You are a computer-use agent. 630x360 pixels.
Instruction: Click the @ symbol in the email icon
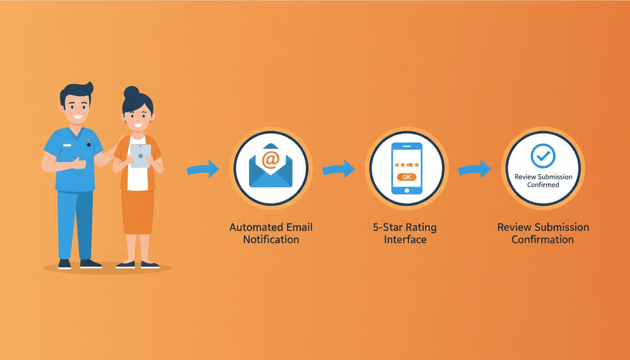point(270,160)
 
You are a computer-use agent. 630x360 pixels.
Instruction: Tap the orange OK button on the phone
point(406,177)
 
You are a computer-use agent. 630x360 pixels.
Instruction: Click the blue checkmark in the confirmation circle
point(542,156)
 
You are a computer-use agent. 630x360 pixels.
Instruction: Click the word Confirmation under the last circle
point(542,240)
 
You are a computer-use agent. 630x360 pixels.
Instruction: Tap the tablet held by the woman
point(140,156)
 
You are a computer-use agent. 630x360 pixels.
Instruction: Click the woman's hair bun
point(132,92)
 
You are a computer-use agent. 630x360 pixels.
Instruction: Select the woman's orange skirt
point(137,211)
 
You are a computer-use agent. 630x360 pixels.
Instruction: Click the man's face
point(76,109)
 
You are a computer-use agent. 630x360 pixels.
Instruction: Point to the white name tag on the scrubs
point(67,145)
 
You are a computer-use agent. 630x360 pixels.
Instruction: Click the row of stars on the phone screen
point(406,165)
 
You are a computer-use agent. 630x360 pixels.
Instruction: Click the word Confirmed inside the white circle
point(543,185)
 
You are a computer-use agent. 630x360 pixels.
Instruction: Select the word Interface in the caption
point(405,240)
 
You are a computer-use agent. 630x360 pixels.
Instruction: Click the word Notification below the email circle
point(271,240)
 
